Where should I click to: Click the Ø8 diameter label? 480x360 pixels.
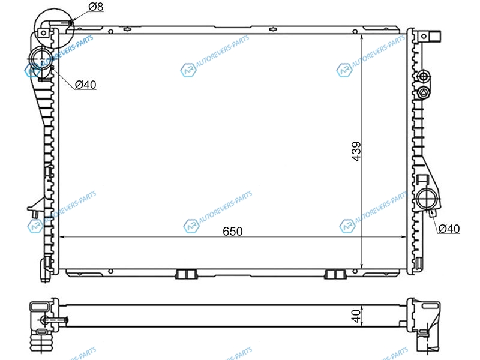[x=96, y=7]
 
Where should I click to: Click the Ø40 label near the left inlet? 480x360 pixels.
[x=85, y=85]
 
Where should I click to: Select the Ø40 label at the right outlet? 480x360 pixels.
[x=449, y=229]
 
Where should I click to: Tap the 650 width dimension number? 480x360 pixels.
[x=233, y=232]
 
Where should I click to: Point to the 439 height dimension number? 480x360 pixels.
[x=356, y=151]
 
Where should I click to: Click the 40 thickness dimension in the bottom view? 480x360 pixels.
[x=356, y=316]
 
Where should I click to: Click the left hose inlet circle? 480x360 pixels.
[x=41, y=58]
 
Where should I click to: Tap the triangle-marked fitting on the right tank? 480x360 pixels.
[x=424, y=93]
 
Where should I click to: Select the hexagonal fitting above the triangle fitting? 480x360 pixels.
[x=424, y=76]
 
